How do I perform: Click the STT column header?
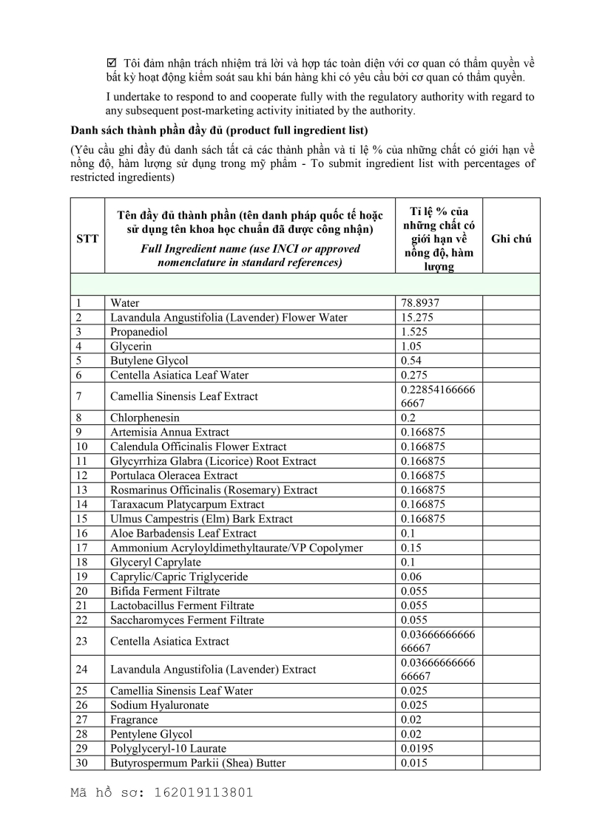pyautogui.click(x=87, y=239)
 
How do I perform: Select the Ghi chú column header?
pyautogui.click(x=511, y=239)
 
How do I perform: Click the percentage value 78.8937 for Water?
pyautogui.click(x=422, y=303)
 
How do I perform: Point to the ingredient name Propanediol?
pyautogui.click(x=139, y=332)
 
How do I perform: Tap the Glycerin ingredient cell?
pyautogui.click(x=131, y=346)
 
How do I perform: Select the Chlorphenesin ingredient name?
pyautogui.click(x=144, y=418)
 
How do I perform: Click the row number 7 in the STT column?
pyautogui.click(x=78, y=396)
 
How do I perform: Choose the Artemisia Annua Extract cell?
pyautogui.click(x=169, y=432)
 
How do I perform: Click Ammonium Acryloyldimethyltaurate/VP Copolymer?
pyautogui.click(x=236, y=548)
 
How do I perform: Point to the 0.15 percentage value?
pyautogui.click(x=411, y=548)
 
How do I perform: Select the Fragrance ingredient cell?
pyautogui.click(x=134, y=719)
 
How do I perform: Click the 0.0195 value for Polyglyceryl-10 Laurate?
pyautogui.click(x=416, y=748)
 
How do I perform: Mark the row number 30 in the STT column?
pyautogui.click(x=81, y=763)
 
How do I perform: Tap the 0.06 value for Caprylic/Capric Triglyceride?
pyautogui.click(x=411, y=577)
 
